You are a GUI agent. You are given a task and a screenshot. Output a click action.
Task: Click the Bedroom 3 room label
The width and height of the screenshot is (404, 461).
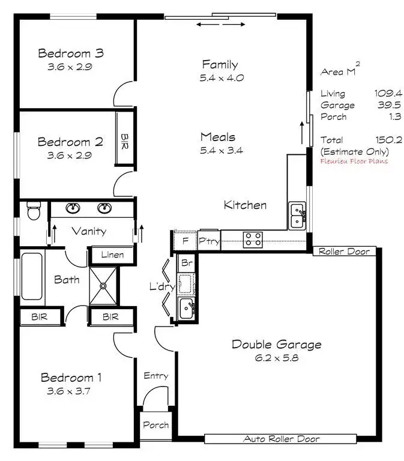coord(70,53)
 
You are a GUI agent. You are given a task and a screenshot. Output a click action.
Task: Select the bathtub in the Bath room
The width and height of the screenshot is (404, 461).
coord(32,277)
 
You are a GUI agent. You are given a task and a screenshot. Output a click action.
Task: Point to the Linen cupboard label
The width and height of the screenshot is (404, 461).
coord(112,255)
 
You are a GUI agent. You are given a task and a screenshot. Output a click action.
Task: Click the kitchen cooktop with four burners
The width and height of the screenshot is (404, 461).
coord(253,240)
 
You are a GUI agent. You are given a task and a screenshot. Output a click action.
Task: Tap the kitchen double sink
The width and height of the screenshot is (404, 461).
coord(297,216)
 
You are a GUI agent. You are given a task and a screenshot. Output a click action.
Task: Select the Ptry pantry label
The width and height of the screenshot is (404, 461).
coord(209,241)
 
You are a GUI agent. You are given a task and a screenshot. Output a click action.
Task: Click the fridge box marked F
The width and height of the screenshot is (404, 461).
coord(185,241)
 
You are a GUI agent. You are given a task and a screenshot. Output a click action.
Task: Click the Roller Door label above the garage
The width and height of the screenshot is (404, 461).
coord(345,251)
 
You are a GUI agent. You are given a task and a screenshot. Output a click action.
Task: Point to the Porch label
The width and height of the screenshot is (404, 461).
coord(155,425)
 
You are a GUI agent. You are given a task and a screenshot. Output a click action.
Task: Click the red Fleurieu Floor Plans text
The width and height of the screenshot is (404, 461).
coord(354,161)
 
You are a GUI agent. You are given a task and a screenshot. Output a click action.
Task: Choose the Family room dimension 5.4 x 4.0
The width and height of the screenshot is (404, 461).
coord(220,77)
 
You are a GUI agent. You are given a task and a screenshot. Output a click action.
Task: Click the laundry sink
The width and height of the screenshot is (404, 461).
coord(187,309)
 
